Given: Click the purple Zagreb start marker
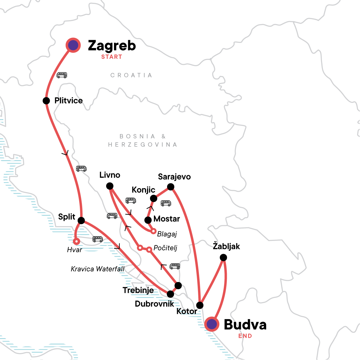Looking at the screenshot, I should tap(73, 45).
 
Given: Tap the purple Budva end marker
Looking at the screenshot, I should tap(212, 324).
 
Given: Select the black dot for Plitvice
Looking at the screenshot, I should tap(46, 100).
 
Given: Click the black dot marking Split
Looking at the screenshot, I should tap(81, 220).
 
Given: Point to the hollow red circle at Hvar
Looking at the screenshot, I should tap(76, 241).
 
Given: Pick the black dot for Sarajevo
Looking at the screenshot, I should tap(170, 187).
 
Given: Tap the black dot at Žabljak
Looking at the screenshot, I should tap(223, 257).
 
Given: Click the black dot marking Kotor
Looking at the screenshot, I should tap(199, 305).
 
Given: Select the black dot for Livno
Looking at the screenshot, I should tap(110, 186).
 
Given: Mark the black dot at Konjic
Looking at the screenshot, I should tap(154, 198).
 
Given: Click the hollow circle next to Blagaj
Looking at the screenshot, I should tap(153, 231).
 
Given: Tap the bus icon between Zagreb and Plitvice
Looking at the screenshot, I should tap(62, 75).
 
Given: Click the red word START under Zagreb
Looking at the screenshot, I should tap(112, 57).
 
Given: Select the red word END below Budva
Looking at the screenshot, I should tap(245, 336).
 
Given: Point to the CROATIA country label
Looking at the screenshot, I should tap(131, 75).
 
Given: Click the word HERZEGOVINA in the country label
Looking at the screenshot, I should tap(142, 145).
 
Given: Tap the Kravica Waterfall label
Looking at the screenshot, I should tap(97, 269).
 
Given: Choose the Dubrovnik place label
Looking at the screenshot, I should tap(154, 304).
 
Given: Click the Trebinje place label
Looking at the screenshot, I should tap(138, 290).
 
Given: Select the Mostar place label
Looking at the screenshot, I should tap(166, 219).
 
